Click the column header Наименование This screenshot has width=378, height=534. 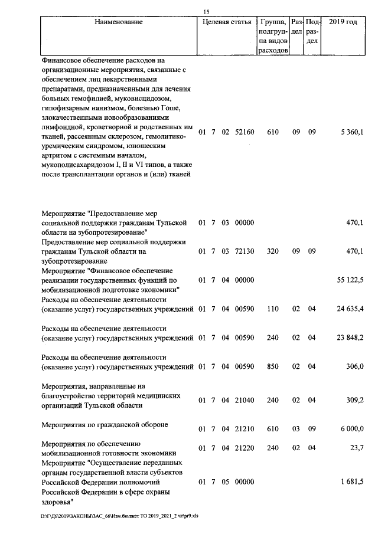coord(118,22)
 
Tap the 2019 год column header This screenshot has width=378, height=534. coord(343,22)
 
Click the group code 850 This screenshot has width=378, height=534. coord(272,366)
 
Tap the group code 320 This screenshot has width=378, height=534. coord(272,251)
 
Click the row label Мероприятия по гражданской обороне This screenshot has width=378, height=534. coord(105,425)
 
